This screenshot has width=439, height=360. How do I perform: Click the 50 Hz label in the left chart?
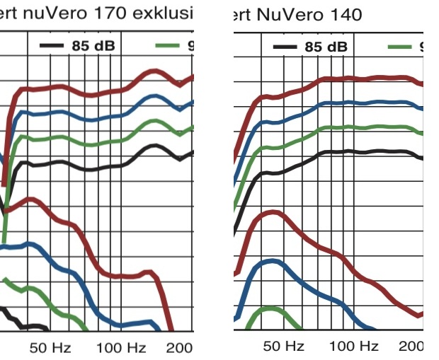click(50, 347)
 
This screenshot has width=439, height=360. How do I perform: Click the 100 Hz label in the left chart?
click(121, 347)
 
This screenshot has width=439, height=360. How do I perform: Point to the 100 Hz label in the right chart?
click(354, 346)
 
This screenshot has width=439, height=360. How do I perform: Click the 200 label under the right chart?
click(411, 346)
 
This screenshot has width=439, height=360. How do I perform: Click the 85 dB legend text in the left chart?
click(93, 46)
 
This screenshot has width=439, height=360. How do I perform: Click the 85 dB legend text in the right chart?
click(326, 47)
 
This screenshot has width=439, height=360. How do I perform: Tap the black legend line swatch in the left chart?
click(51, 46)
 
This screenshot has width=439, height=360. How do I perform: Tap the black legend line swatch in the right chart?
click(285, 47)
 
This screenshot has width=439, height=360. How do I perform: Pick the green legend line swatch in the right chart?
click(400, 47)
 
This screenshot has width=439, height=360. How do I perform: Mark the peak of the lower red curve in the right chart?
click(273, 211)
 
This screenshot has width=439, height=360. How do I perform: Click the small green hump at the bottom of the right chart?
click(270, 308)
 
